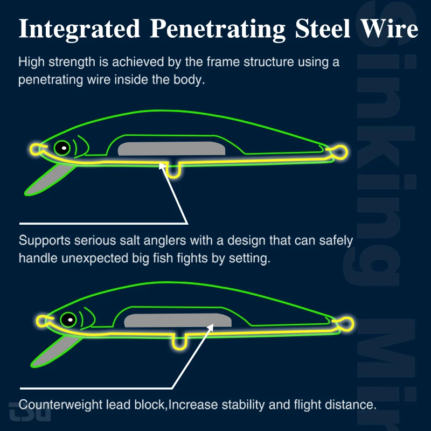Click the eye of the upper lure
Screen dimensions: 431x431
(62, 147)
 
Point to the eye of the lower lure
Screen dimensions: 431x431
(68, 319)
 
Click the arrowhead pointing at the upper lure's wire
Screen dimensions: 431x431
(161, 166)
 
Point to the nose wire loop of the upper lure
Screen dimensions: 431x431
(36, 149)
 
